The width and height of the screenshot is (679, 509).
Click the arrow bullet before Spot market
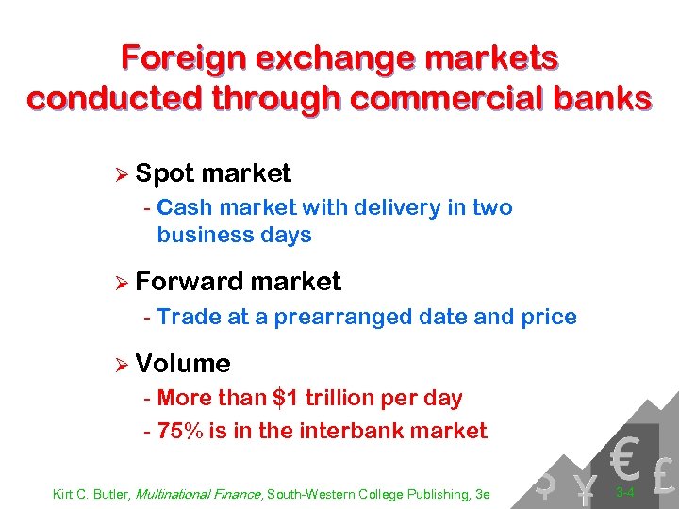click(x=119, y=174)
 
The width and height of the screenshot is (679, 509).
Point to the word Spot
click(x=164, y=174)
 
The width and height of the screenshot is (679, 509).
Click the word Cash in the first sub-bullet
click(x=185, y=207)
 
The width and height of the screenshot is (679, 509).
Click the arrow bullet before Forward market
click(x=119, y=282)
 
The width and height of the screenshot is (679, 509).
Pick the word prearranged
click(x=340, y=317)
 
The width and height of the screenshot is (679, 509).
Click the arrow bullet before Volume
click(x=119, y=364)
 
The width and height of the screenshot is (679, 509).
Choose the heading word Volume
click(x=183, y=364)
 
